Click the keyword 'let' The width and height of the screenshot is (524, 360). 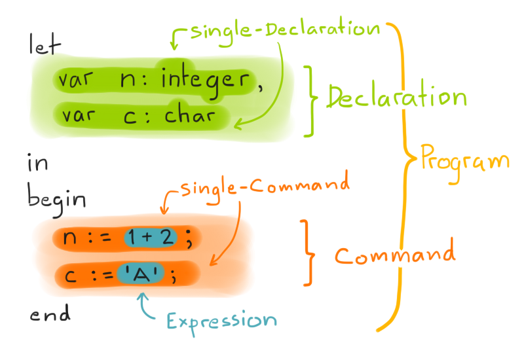(43, 46)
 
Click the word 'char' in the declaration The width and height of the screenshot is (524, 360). (188, 117)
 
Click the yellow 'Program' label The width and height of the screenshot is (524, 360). (464, 158)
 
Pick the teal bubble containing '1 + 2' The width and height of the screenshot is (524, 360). (150, 239)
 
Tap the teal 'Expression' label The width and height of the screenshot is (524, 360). (221, 320)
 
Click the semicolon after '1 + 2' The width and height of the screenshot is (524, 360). (189, 241)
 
